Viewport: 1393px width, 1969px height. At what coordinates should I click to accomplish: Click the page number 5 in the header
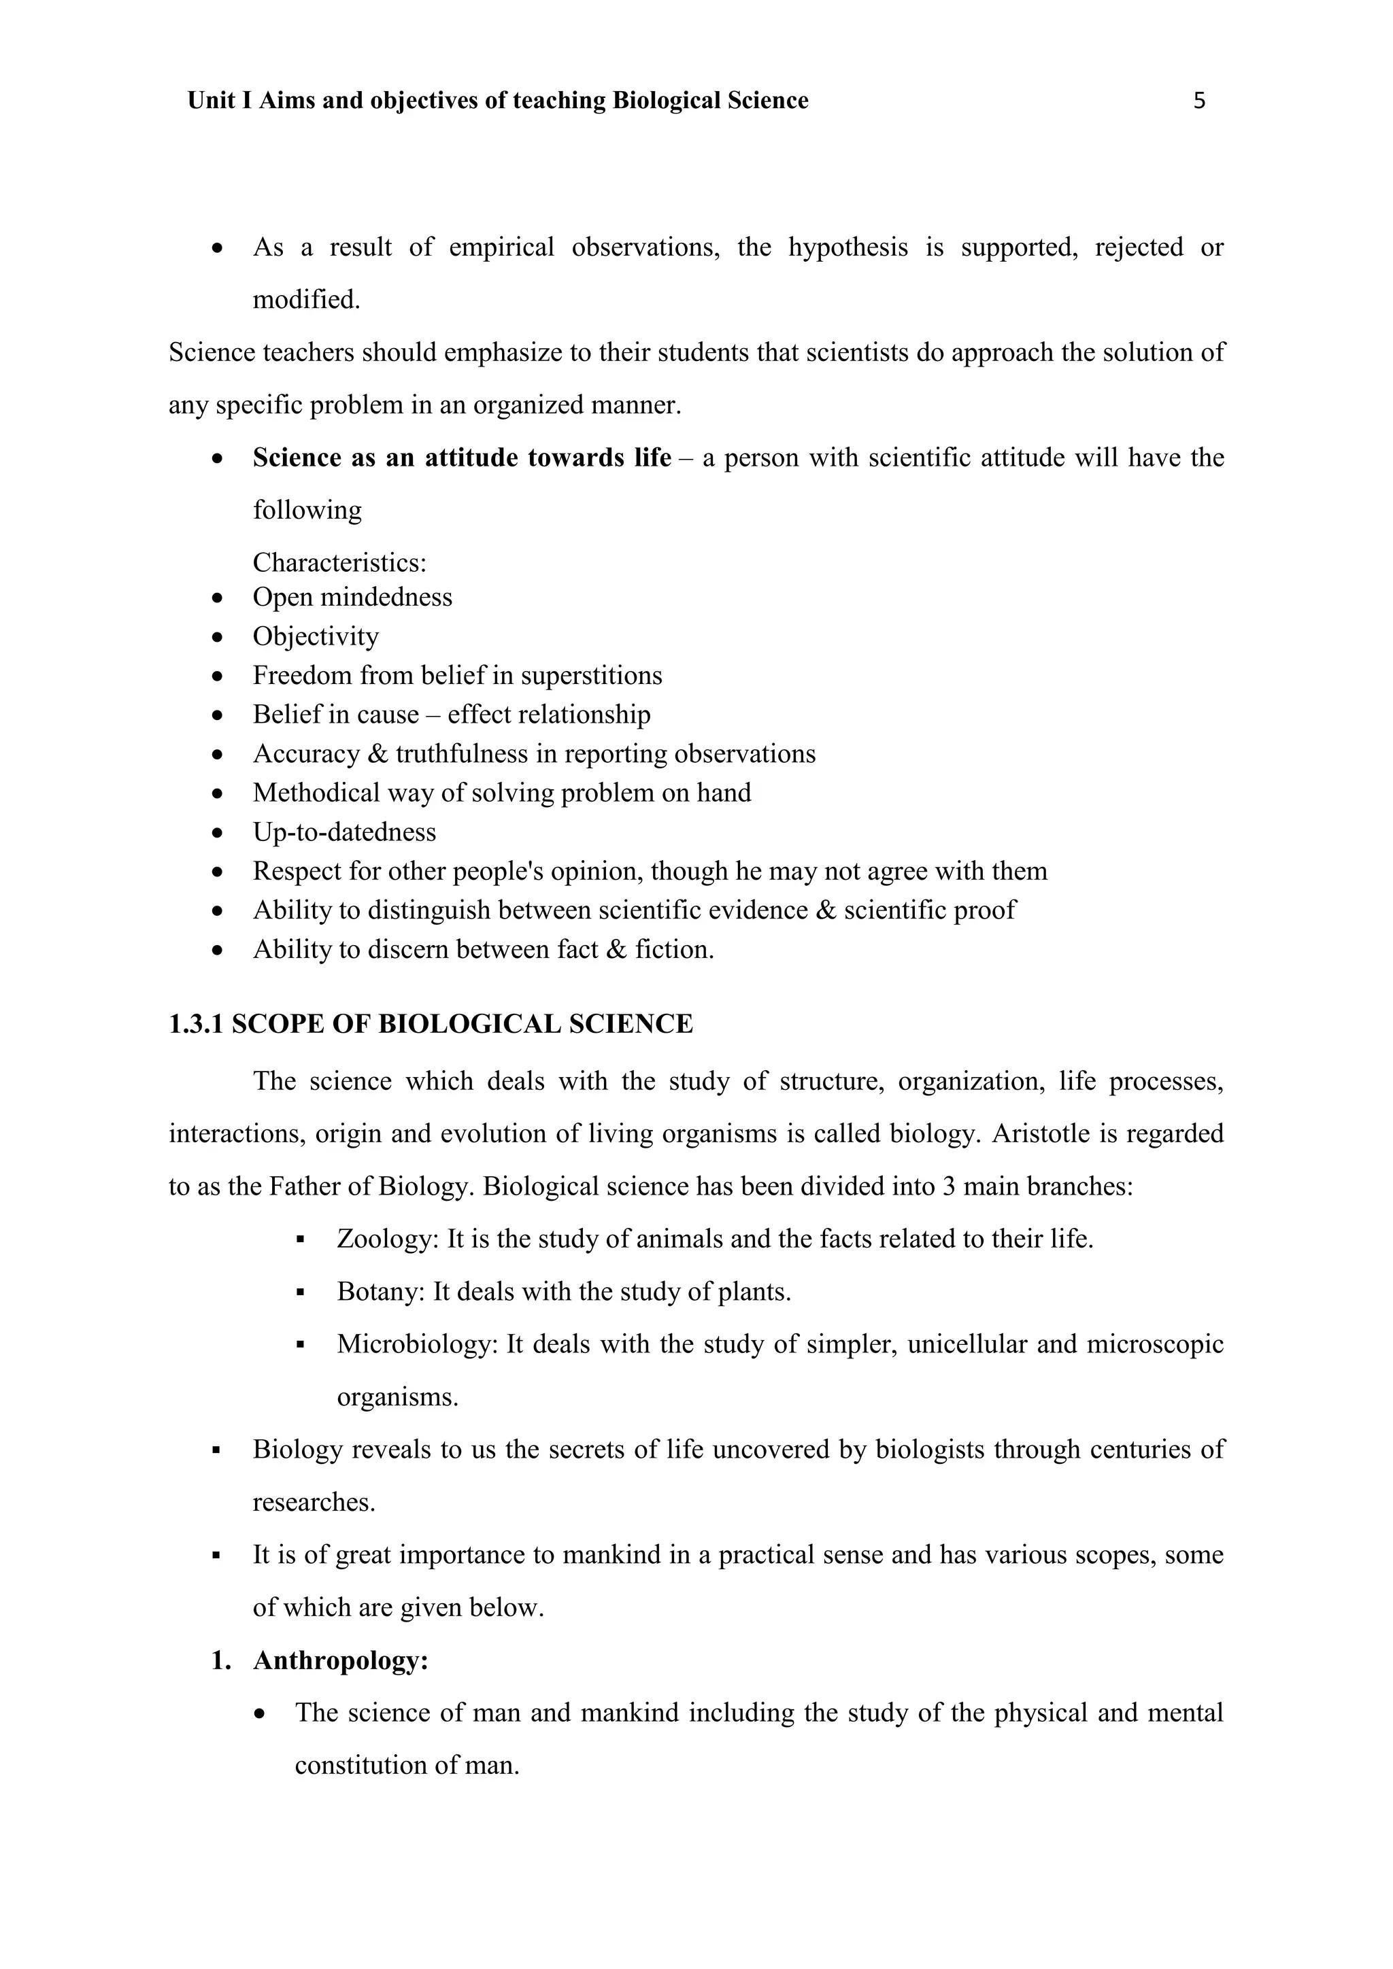pos(1199,101)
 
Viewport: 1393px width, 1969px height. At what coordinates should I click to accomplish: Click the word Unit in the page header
pos(211,101)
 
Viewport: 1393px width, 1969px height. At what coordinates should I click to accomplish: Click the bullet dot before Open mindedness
pos(219,598)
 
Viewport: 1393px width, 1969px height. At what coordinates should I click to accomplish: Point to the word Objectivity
pos(316,636)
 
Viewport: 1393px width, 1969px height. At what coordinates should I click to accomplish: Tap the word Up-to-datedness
pos(344,832)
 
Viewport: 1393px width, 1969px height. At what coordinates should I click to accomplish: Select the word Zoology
pos(386,1239)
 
